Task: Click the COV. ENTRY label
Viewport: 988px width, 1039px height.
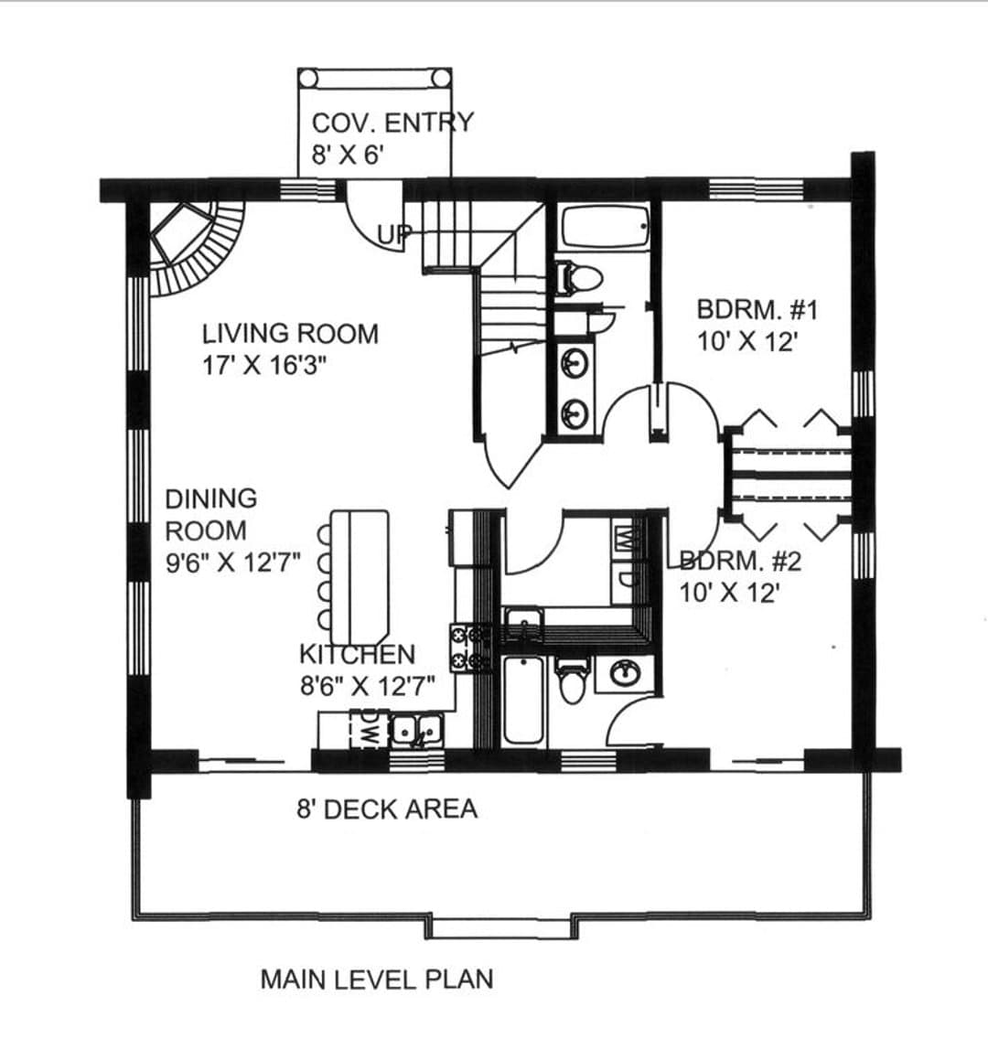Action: coord(393,123)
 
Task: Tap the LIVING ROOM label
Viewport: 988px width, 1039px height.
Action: coord(290,333)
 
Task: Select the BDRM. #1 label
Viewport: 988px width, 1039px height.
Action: coord(757,309)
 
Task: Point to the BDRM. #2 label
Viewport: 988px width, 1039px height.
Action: coord(741,562)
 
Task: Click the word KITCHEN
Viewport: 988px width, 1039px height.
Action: coord(357,654)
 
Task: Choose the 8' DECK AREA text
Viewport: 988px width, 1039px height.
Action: coord(387,809)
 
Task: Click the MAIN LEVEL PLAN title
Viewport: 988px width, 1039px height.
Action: coord(377,979)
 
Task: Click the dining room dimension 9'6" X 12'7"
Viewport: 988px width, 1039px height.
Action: coord(232,562)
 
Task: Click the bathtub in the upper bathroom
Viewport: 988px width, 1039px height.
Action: coord(605,227)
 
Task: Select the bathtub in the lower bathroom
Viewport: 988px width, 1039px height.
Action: coord(523,700)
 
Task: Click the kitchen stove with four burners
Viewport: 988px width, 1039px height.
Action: coord(470,648)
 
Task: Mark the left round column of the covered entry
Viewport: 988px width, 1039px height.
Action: coord(307,78)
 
